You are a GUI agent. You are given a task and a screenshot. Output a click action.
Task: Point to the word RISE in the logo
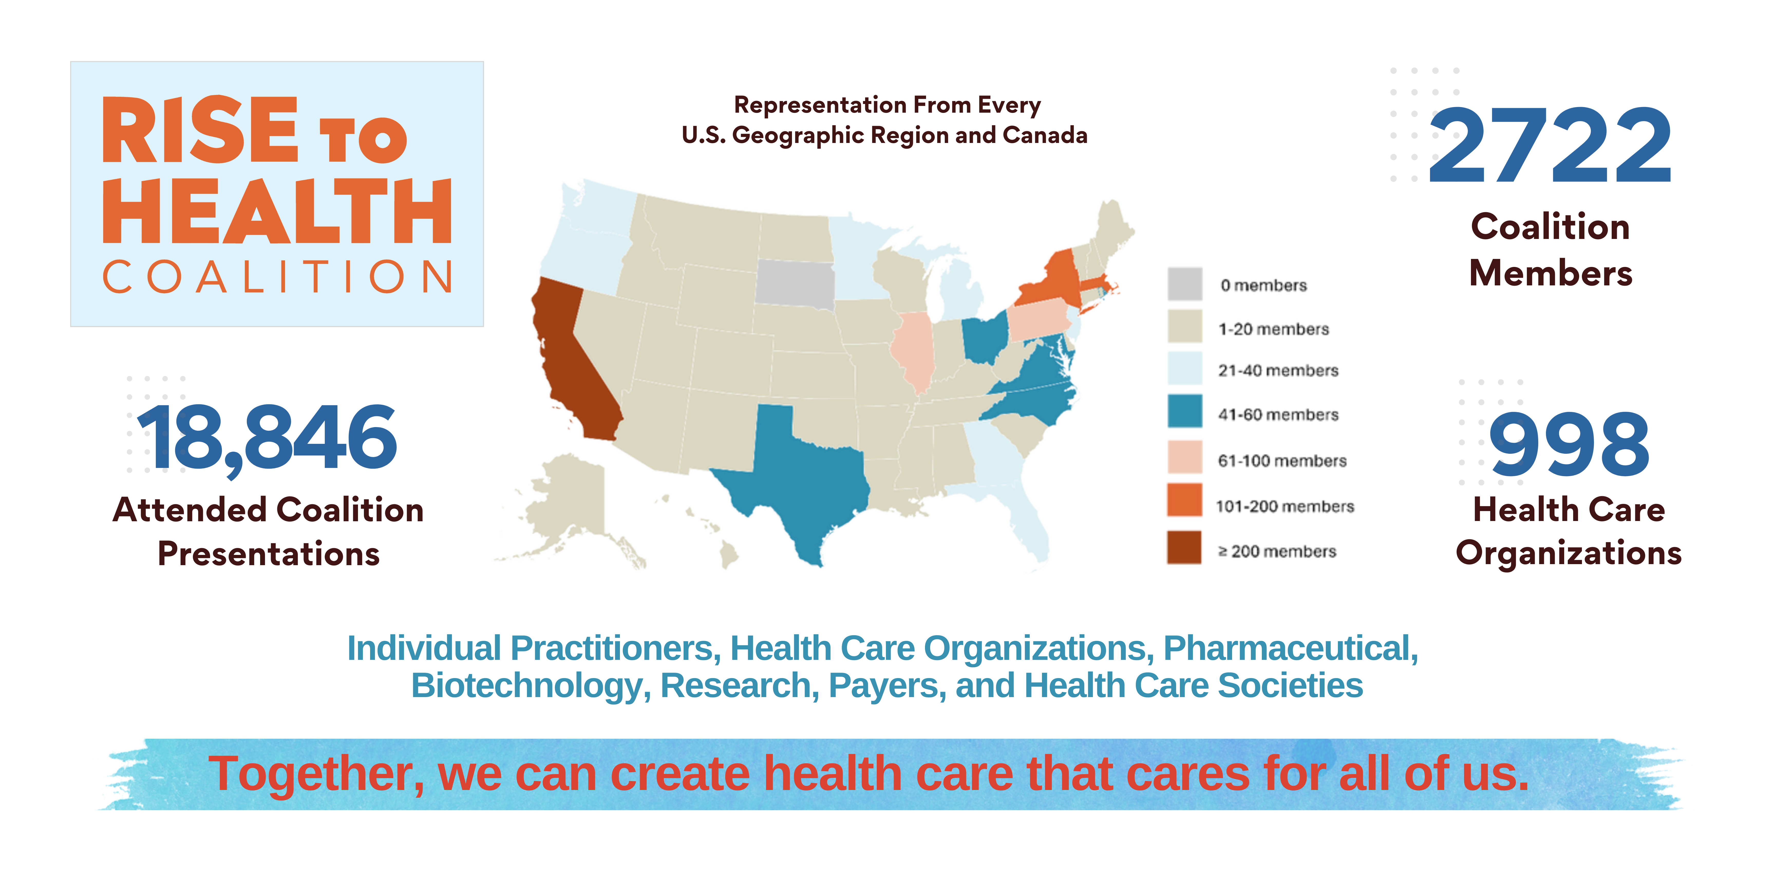200,131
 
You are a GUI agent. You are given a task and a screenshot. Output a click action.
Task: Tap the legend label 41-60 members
1278,414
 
